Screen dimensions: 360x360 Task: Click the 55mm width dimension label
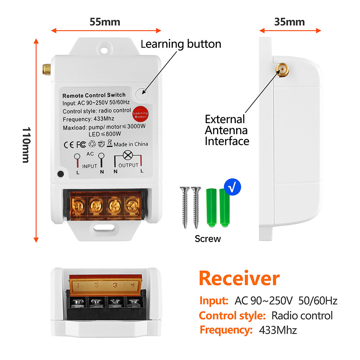click(x=105, y=22)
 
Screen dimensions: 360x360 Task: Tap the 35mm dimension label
click(x=289, y=22)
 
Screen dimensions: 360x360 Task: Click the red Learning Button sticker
click(x=140, y=114)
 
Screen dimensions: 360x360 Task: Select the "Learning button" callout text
click(x=181, y=44)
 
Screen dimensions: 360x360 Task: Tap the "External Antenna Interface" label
click(x=227, y=130)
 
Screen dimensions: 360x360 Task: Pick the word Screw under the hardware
click(x=208, y=238)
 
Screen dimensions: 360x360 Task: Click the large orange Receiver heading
click(x=239, y=278)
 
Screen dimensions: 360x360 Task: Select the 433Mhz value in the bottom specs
click(x=278, y=330)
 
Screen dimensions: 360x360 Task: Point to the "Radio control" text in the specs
click(x=302, y=316)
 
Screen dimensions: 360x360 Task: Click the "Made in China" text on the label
click(x=131, y=144)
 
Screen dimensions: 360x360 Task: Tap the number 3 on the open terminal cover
click(x=115, y=285)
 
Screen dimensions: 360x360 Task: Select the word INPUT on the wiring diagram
click(x=90, y=166)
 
